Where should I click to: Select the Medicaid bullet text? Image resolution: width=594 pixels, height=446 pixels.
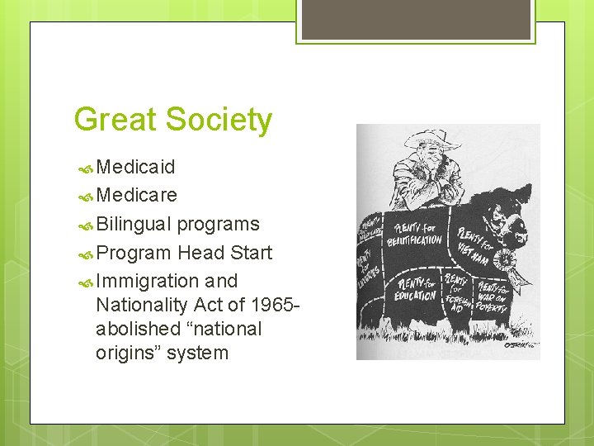135,168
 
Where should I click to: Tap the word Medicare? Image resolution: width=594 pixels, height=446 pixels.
137,196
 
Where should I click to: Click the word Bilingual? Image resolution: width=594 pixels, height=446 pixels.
134,224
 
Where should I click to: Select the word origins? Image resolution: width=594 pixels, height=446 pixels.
127,353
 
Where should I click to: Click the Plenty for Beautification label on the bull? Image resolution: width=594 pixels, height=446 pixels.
415,234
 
